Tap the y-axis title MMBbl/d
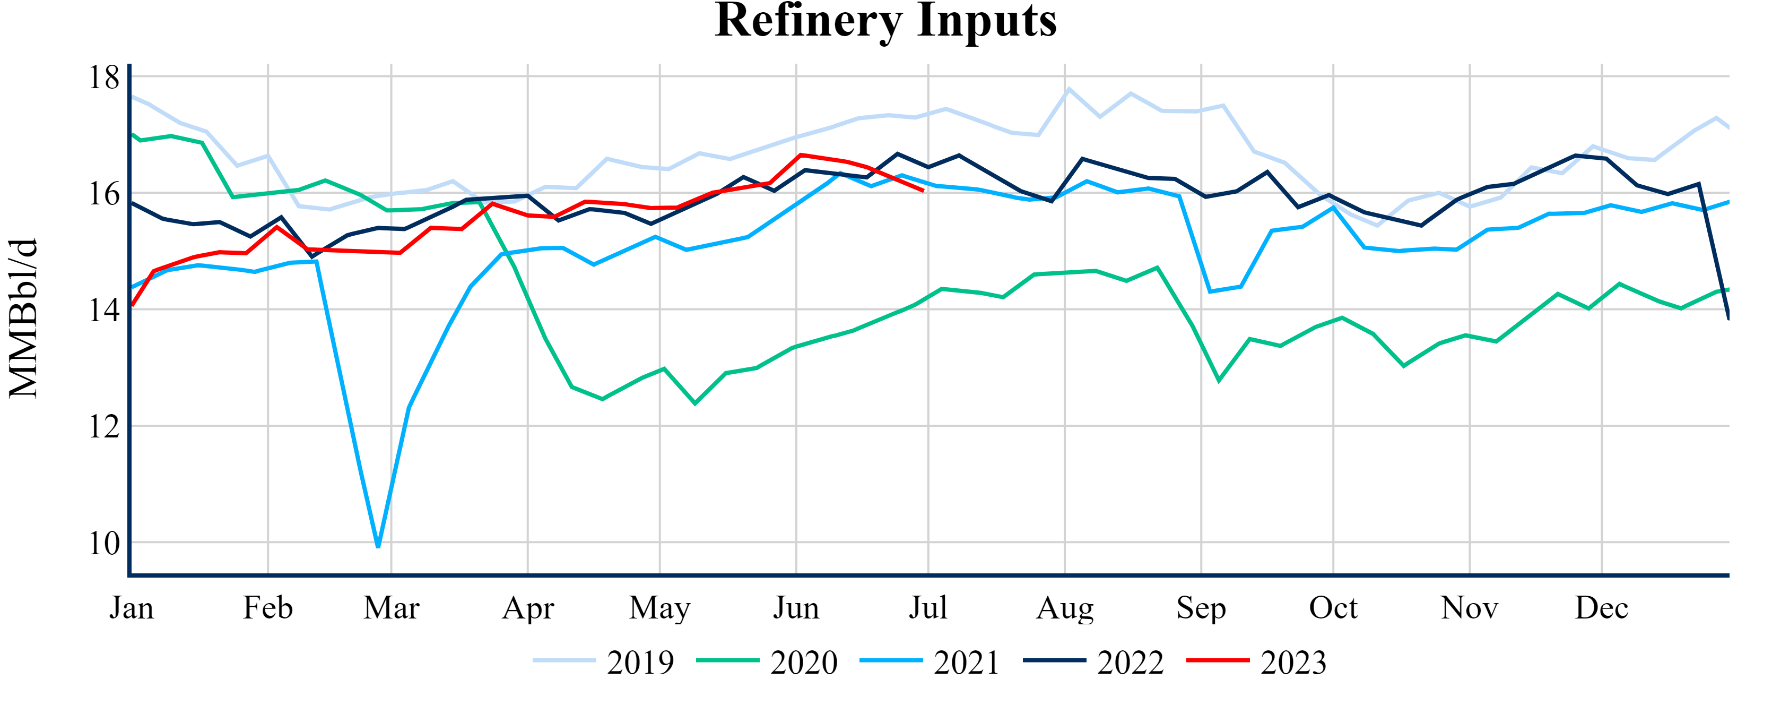23,318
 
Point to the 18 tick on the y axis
104,77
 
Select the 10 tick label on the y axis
104,544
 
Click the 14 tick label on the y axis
104,311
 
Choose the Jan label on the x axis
132,608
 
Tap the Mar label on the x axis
392,608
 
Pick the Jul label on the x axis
928,608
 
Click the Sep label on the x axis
1201,608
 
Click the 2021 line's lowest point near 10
378,546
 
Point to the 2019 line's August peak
1069,89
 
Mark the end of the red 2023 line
923,191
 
